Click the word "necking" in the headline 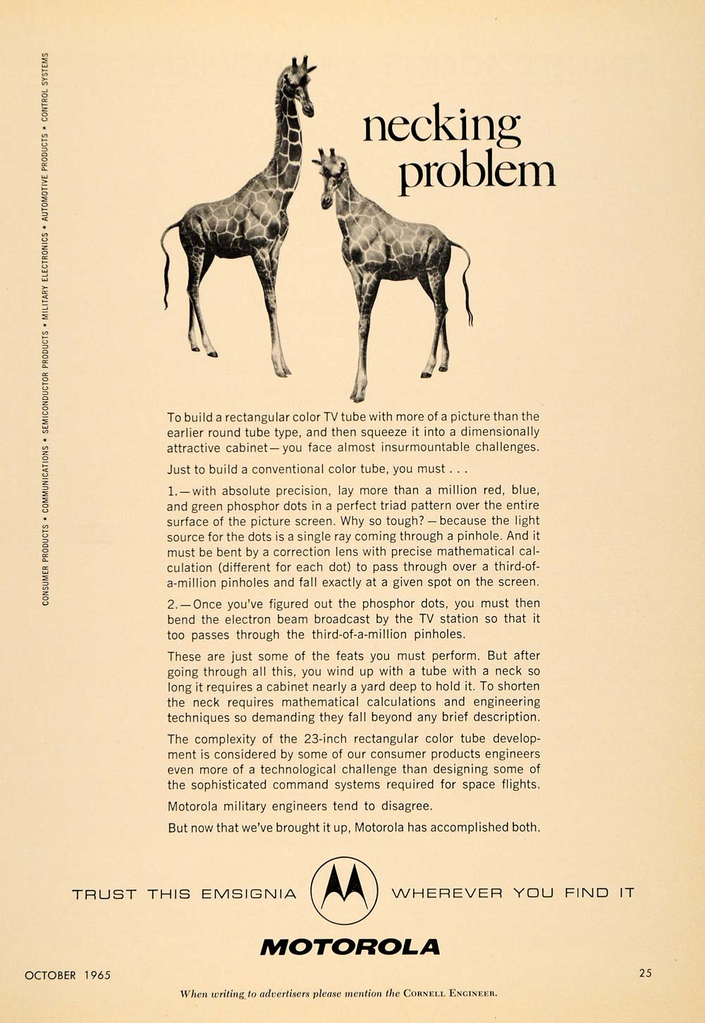click(x=442, y=127)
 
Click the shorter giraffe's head click(x=327, y=176)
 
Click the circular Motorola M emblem click(x=344, y=890)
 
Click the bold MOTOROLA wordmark click(x=350, y=947)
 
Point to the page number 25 click(x=645, y=973)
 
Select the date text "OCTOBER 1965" click(x=68, y=975)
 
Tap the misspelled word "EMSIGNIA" click(x=249, y=894)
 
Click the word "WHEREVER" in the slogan click(x=447, y=893)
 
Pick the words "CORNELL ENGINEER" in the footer click(x=450, y=994)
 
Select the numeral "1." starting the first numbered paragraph click(x=173, y=491)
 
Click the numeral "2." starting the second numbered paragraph click(x=173, y=604)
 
